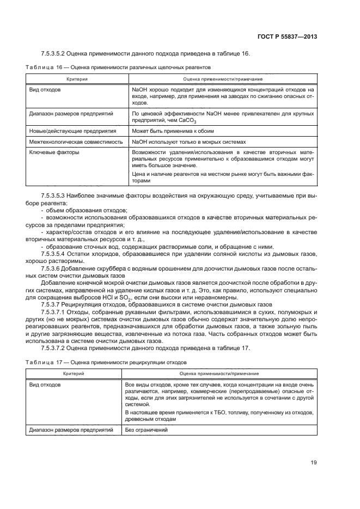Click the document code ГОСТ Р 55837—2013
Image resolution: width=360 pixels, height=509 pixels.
[x=288, y=36]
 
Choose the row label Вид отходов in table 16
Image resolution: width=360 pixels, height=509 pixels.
[x=45, y=89]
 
